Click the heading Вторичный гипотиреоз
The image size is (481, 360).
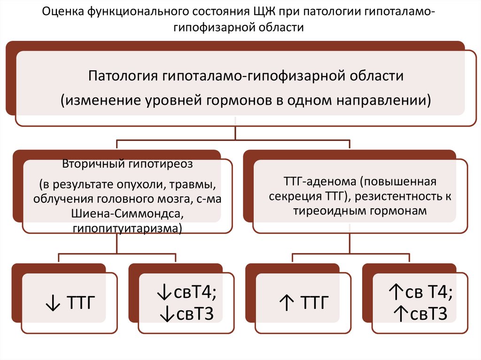click(127, 165)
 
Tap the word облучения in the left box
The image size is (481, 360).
click(62, 199)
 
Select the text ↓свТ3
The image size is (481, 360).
click(187, 314)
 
